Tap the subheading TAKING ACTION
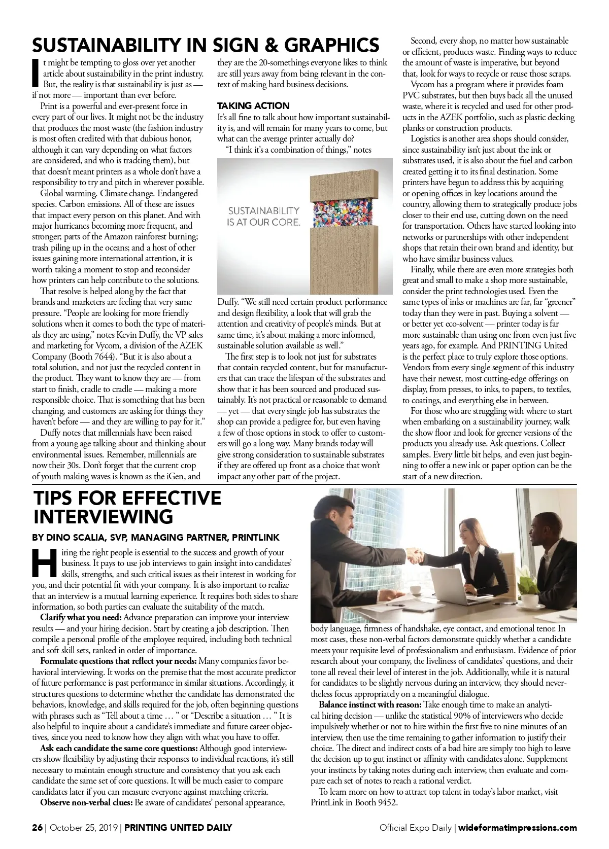253,105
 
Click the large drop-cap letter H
45,563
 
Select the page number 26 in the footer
37,828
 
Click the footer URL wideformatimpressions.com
518,828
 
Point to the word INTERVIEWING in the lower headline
103,517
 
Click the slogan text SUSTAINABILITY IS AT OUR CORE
263,216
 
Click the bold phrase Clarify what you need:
81,618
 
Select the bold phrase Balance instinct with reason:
369,705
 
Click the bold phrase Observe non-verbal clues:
86,803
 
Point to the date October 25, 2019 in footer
83,828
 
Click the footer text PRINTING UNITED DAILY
178,828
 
